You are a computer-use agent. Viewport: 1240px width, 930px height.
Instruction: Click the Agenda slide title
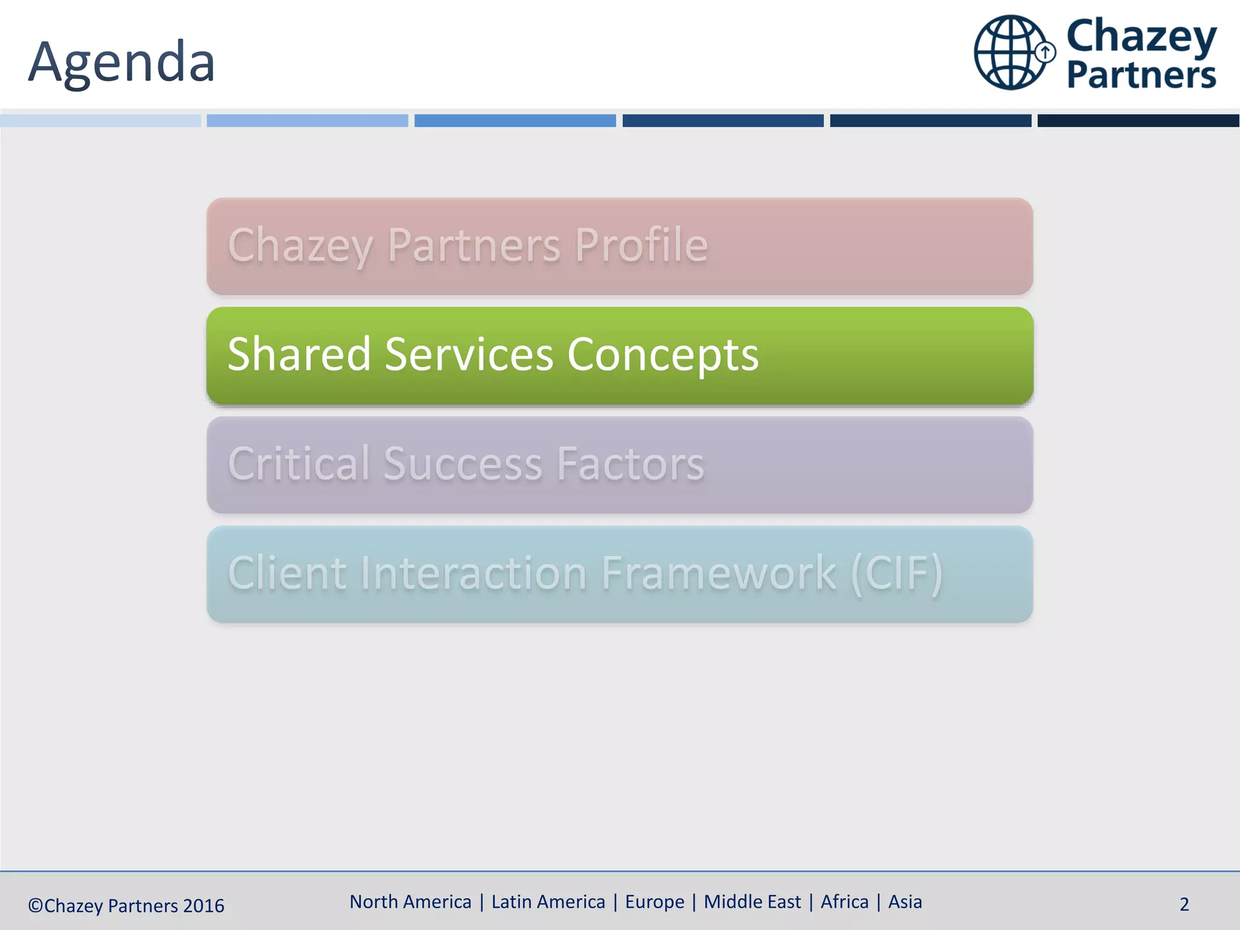point(121,62)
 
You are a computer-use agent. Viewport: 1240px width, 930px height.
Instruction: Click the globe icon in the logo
point(1010,53)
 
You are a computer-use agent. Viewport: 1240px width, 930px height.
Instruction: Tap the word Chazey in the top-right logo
point(1141,36)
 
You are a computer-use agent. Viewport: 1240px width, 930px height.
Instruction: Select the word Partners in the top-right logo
point(1141,75)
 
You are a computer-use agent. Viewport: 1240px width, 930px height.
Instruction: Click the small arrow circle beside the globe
point(1046,52)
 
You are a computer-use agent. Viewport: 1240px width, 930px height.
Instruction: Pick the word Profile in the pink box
point(641,245)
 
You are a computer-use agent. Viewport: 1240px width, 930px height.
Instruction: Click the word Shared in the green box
point(299,354)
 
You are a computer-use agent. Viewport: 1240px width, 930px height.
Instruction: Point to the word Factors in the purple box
point(630,464)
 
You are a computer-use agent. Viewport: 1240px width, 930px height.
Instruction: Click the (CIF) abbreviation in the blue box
point(897,573)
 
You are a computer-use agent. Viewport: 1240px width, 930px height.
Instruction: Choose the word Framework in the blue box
point(719,573)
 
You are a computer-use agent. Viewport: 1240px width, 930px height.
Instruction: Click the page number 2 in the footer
point(1184,905)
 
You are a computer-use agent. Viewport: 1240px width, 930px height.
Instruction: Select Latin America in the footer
point(548,902)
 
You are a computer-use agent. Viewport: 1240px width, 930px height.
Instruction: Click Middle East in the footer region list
point(752,902)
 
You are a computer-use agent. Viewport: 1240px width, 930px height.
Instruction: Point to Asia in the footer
point(905,902)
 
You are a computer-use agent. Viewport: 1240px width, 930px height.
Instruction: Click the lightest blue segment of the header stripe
point(101,120)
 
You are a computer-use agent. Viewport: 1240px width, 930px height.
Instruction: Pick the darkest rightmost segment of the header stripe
point(1138,120)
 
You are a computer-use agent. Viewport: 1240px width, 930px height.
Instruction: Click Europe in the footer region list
point(655,902)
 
